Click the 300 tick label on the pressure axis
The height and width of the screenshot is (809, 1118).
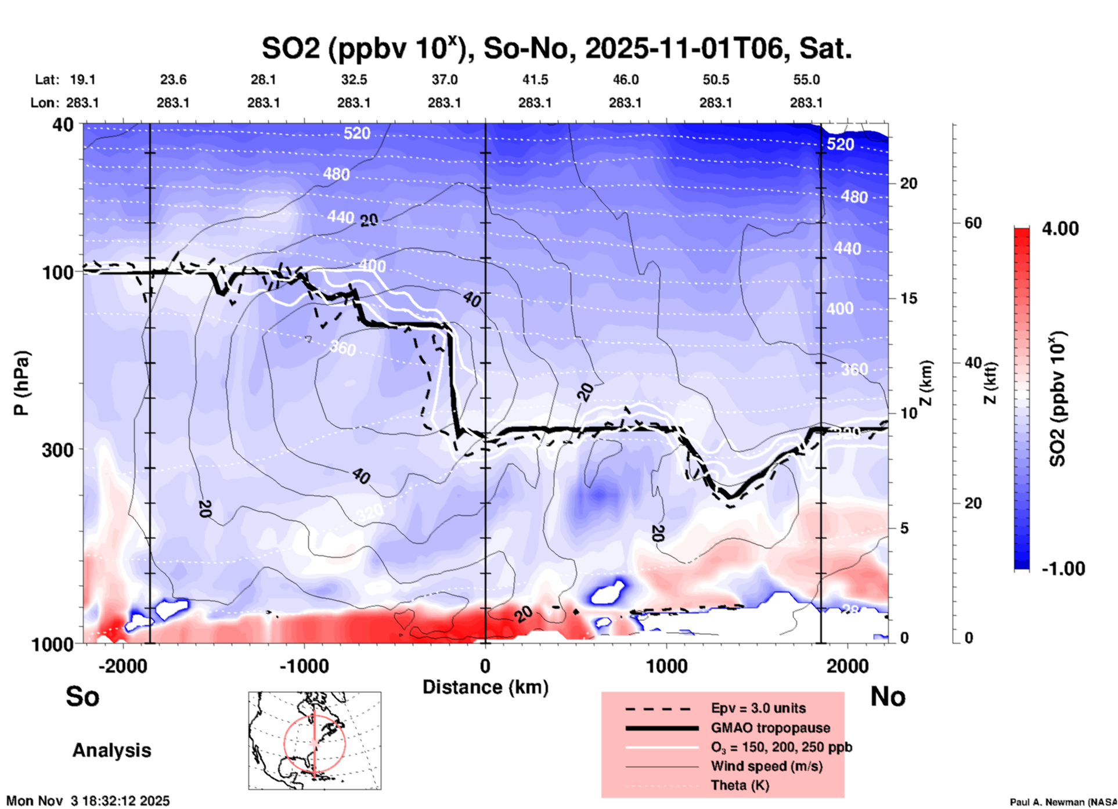click(57, 450)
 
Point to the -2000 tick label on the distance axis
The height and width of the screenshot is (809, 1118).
click(123, 666)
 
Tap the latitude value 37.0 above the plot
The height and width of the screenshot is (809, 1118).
click(444, 80)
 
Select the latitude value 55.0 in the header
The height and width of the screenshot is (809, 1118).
click(806, 80)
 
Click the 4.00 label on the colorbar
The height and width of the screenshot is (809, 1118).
click(1060, 229)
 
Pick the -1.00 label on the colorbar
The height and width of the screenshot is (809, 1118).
click(1063, 569)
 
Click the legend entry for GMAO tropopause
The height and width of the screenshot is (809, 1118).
click(770, 728)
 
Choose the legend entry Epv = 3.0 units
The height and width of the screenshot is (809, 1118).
click(758, 708)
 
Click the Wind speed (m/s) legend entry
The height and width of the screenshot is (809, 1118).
click(766, 766)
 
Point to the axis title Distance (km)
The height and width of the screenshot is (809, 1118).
click(485, 687)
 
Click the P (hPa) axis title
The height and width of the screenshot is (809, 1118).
click(21, 383)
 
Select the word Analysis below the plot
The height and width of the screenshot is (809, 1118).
click(111, 750)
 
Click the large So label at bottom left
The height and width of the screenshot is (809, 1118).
click(82, 696)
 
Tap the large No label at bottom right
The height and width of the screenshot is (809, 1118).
click(888, 696)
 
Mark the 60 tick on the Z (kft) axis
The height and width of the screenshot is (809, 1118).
click(973, 223)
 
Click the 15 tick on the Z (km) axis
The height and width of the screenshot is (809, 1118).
click(908, 298)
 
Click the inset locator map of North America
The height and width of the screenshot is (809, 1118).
click(315, 741)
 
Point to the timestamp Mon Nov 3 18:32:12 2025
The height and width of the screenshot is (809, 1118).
click(88, 801)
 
